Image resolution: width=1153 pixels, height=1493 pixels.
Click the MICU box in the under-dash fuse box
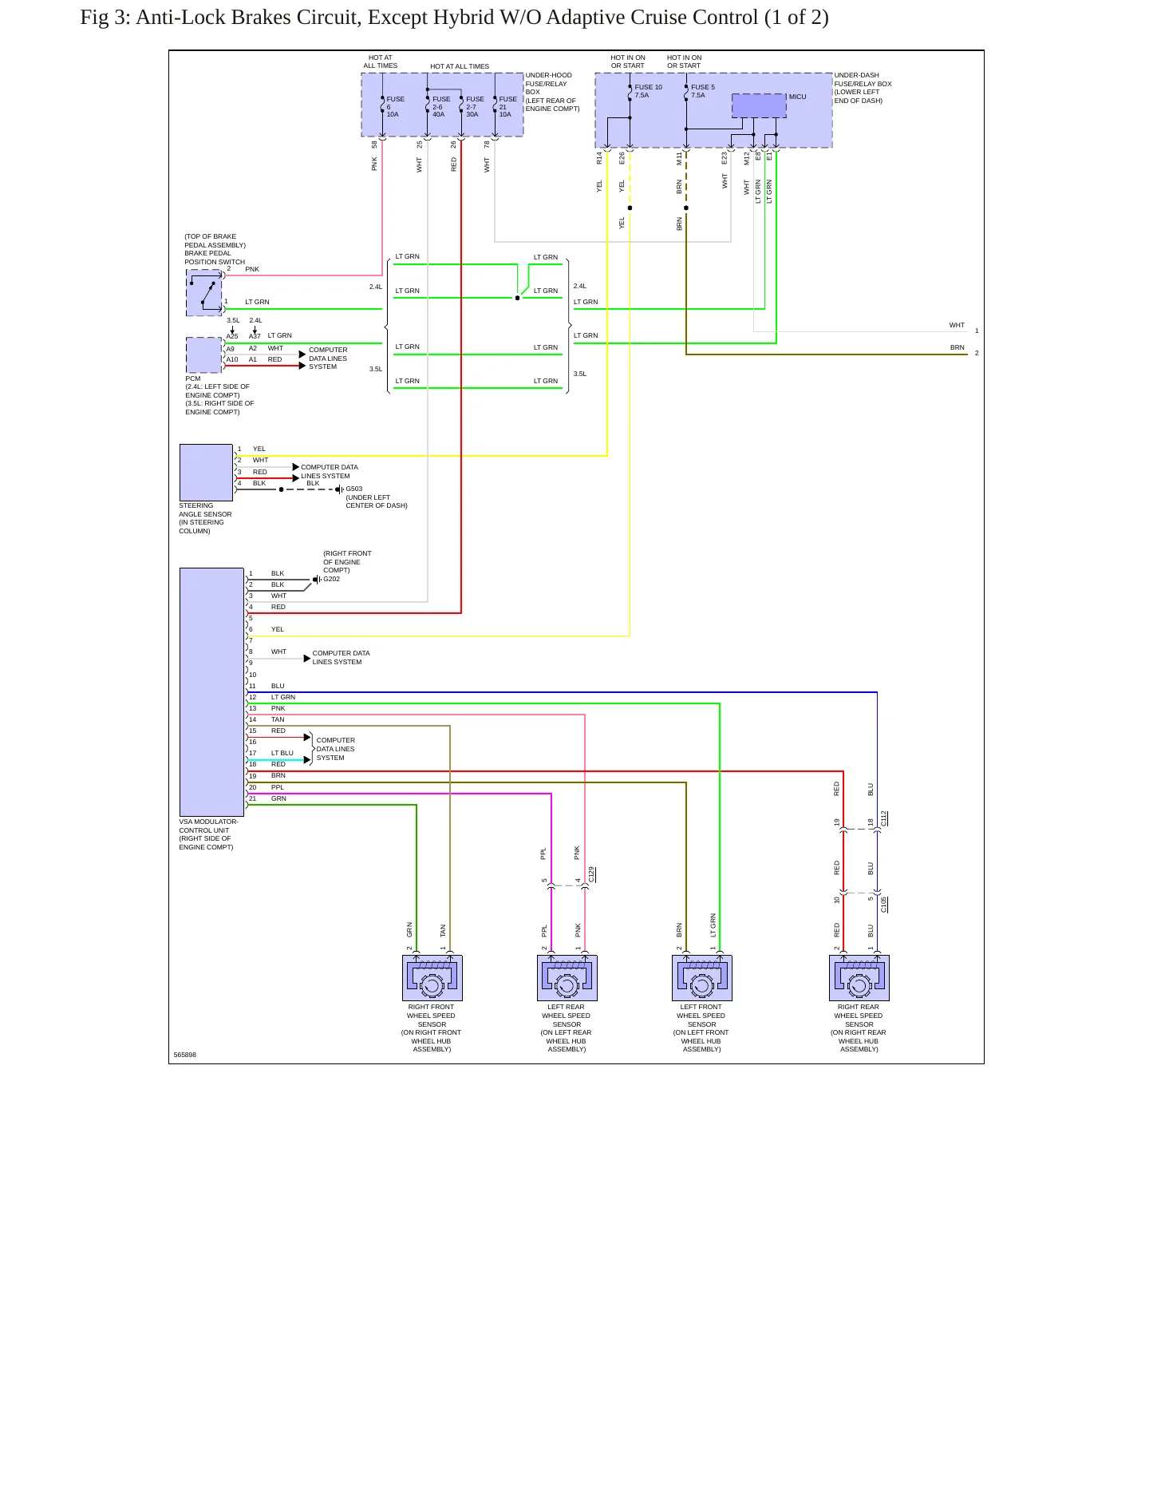pyautogui.click(x=759, y=105)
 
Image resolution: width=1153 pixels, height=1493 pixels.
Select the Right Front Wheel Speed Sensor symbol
pyautogui.click(x=432, y=978)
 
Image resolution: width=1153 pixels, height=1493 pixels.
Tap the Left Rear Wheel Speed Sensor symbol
pyautogui.click(x=567, y=978)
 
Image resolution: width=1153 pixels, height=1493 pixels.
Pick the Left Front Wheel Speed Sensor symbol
pyautogui.click(x=702, y=978)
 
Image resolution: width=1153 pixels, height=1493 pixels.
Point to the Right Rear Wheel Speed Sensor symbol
pyautogui.click(x=859, y=978)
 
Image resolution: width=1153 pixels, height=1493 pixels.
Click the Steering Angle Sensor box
pyautogui.click(x=206, y=473)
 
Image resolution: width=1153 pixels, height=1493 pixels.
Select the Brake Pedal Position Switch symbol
pyautogui.click(x=204, y=292)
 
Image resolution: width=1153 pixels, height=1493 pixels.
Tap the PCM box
pyautogui.click(x=204, y=354)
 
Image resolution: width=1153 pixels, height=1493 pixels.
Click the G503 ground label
pyautogui.click(x=353, y=489)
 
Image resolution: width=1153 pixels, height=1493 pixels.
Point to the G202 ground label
pyautogui.click(x=331, y=579)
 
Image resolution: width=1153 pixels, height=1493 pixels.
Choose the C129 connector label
pyautogui.click(x=591, y=874)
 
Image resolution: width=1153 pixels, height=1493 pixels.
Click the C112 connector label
pyautogui.click(x=884, y=818)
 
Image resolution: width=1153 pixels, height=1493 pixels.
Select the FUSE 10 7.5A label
pyautogui.click(x=648, y=91)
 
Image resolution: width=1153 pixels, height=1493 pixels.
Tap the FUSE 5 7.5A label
pyautogui.click(x=703, y=91)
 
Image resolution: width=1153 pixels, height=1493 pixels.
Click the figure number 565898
pyautogui.click(x=185, y=1055)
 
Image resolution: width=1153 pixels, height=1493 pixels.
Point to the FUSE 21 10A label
pyautogui.click(x=507, y=107)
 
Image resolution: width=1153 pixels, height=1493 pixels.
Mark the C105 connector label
pyautogui.click(x=884, y=905)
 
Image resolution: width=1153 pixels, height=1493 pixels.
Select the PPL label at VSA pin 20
pyautogui.click(x=278, y=787)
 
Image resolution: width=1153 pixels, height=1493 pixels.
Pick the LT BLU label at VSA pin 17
pyautogui.click(x=282, y=753)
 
